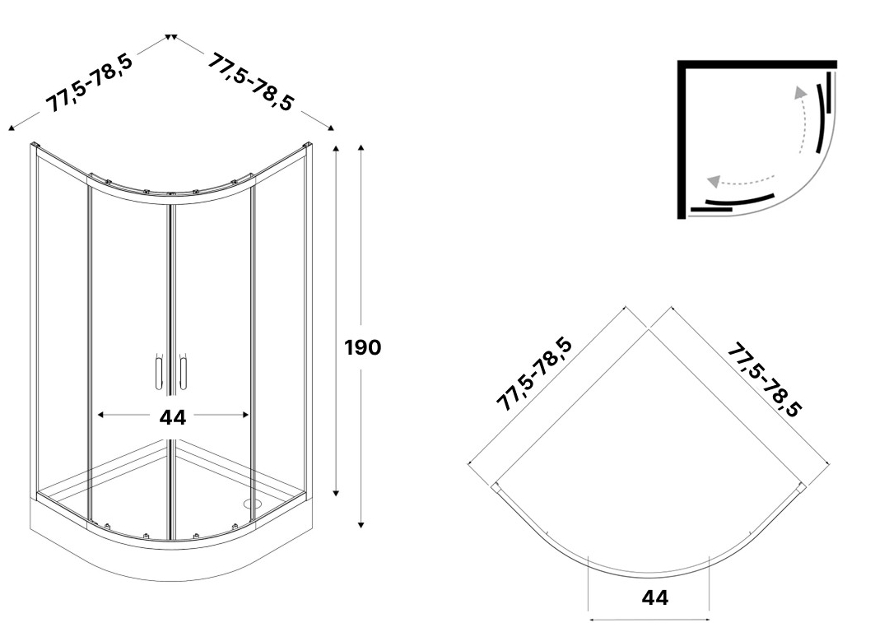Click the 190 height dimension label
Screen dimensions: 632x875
tap(362, 347)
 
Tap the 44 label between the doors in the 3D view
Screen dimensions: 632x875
tap(172, 417)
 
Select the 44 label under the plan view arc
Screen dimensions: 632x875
tap(654, 597)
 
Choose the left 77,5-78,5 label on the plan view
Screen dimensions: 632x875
tap(533, 374)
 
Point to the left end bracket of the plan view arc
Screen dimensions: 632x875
tap(496, 488)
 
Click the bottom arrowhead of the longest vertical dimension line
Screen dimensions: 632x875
tap(361, 524)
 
